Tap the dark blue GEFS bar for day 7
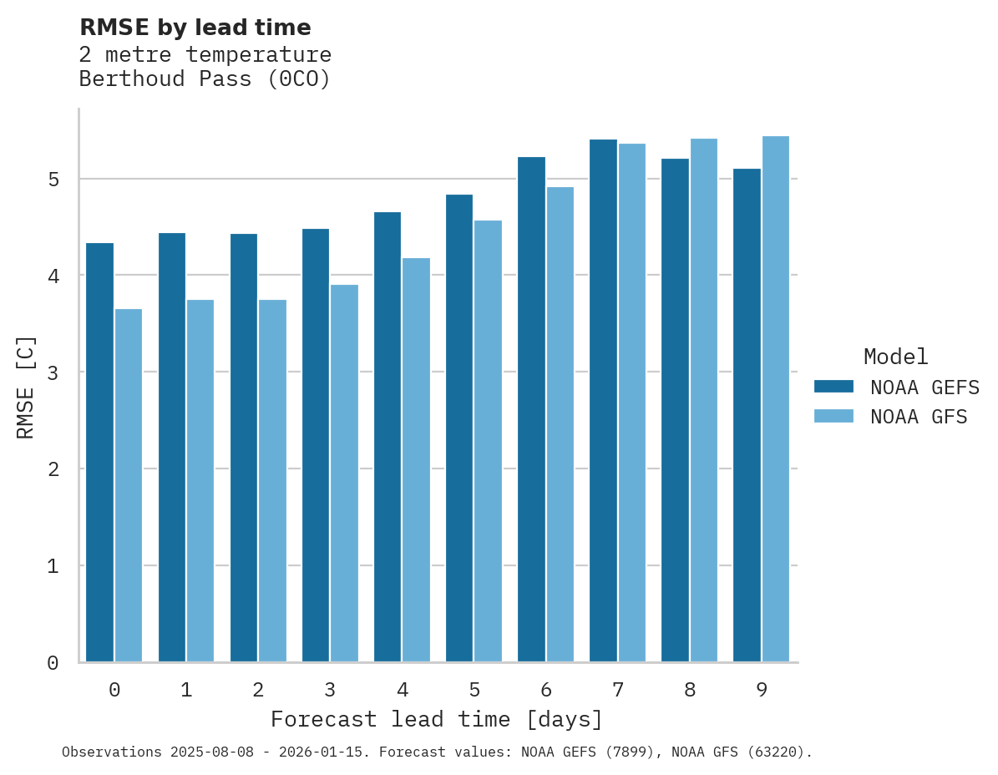tap(603, 400)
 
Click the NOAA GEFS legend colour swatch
tap(833, 387)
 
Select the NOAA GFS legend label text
tap(919, 417)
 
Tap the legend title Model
tap(895, 357)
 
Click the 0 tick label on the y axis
tap(52, 663)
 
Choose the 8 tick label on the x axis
tap(690, 690)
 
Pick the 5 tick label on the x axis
tap(474, 690)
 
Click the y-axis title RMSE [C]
tap(26, 387)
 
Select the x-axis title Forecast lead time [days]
tap(436, 719)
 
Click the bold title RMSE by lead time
tap(195, 28)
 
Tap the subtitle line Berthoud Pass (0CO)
tap(205, 79)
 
